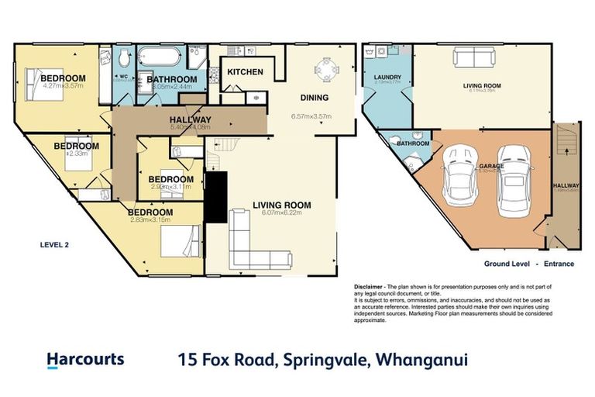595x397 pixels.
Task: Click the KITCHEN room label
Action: pos(245,72)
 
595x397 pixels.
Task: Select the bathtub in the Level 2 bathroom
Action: pos(160,57)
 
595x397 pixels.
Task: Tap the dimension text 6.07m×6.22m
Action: pos(280,213)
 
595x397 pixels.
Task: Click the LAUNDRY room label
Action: pos(385,78)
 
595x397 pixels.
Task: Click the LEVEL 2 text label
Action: pos(54,244)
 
